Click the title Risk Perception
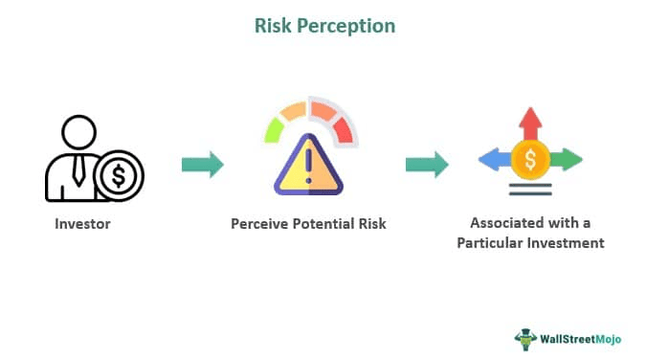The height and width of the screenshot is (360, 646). pos(323,26)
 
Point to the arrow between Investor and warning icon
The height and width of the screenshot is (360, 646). pos(202,165)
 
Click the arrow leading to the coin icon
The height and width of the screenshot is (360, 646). pos(427,165)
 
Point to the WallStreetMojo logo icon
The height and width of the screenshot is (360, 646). pos(524,337)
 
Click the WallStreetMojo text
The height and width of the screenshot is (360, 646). pos(584,337)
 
